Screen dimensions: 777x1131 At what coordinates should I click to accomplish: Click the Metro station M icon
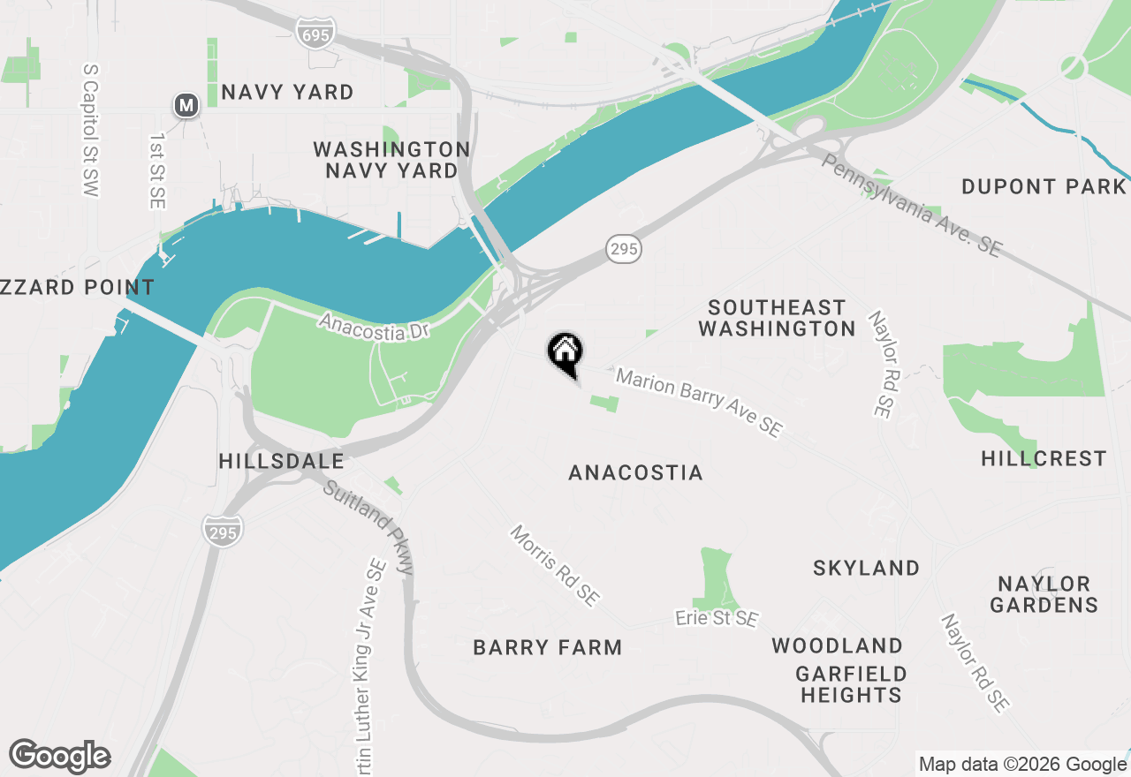coord(186,106)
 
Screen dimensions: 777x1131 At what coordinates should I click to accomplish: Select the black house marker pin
coord(565,354)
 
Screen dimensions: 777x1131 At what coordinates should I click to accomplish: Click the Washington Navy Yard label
coord(391,160)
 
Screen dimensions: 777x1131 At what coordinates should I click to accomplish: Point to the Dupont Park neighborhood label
coord(1044,186)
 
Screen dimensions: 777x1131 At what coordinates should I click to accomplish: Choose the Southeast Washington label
coord(777,318)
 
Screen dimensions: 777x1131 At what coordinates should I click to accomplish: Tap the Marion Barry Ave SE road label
coord(699,403)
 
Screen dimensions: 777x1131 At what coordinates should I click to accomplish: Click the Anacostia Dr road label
coord(374,324)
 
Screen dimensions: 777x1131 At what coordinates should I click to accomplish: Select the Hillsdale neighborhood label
coord(281,461)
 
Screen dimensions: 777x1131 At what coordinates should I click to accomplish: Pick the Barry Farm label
coord(548,647)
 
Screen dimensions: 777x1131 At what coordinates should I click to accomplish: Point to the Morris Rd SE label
coord(555,565)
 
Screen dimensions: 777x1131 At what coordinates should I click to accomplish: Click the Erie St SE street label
coord(717,618)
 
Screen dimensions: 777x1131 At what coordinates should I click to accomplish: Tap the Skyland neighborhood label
coord(866,568)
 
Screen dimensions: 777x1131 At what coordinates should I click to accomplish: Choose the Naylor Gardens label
coord(1044,594)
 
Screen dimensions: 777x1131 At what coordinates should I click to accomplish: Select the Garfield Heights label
coord(851,684)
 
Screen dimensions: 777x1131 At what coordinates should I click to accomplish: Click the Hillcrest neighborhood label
coord(1044,458)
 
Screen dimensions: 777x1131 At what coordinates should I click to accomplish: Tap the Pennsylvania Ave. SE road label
coord(911,206)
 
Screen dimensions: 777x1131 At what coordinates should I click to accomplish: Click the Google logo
coord(60,757)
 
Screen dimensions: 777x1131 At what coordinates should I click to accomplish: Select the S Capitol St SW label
coord(91,129)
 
